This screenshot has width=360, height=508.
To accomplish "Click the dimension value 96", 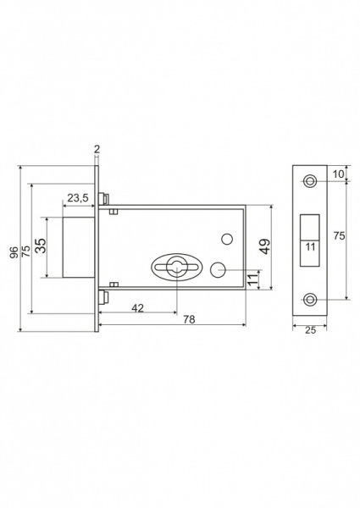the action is click(x=14, y=252).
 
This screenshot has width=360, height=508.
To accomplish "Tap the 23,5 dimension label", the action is click(x=78, y=197).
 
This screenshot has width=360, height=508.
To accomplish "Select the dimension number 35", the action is click(x=41, y=246).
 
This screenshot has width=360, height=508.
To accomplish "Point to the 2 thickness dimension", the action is click(x=97, y=149).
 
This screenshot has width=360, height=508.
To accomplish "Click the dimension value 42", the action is click(x=138, y=308).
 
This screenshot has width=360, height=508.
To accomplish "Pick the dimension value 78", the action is click(x=189, y=319).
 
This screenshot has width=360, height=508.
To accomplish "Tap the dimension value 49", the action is click(x=265, y=246).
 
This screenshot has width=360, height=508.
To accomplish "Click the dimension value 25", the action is click(x=310, y=330).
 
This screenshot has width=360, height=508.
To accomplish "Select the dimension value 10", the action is click(x=338, y=174).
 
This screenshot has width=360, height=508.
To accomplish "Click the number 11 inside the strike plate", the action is click(x=310, y=247).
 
